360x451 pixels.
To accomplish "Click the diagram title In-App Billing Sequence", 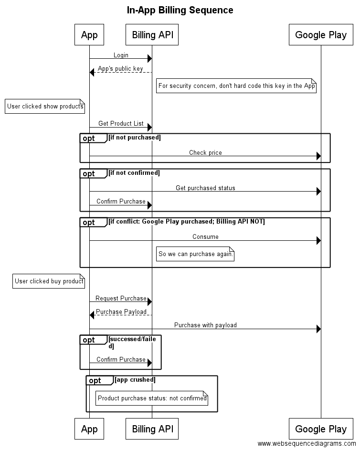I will [180, 10].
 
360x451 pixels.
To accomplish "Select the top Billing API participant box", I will [152, 35].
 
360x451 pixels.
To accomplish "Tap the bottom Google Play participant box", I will [321, 429].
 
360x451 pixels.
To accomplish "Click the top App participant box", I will [89, 35].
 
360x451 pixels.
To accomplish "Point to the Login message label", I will [121, 55].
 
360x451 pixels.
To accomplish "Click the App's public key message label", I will [120, 69].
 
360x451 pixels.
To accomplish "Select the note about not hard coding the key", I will [236, 86].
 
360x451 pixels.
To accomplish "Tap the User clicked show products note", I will [45, 107].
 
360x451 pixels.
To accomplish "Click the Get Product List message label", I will [121, 124].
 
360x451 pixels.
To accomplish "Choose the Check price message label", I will [205, 153].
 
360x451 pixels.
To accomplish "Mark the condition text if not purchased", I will [135, 138].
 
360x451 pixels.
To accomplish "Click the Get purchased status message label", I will [205, 188].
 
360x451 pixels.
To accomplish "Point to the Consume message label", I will [205, 237].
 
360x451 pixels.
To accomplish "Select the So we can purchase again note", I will [195, 254].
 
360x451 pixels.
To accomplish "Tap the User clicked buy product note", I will [49, 281].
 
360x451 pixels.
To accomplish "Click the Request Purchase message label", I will [121, 299].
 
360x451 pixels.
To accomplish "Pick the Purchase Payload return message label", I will [121, 312].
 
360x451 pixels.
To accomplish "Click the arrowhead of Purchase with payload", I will [318, 329].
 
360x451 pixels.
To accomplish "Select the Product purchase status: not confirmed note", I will [152, 398].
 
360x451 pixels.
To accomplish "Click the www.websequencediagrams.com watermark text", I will [307, 444].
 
